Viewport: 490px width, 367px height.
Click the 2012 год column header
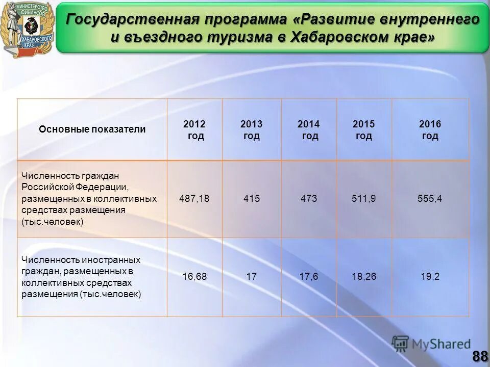[x=194, y=130]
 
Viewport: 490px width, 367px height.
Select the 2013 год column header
[x=251, y=130]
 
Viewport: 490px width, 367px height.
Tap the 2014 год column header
[x=309, y=130]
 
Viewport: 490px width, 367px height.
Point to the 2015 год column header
[x=364, y=130]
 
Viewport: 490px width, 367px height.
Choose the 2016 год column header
[x=430, y=130]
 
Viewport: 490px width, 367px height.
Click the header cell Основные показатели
[x=92, y=129]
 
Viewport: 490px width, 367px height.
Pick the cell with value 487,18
[x=194, y=199]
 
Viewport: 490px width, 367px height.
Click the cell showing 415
[x=251, y=199]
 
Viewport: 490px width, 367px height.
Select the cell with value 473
[x=309, y=199]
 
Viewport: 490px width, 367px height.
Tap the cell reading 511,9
[x=364, y=199]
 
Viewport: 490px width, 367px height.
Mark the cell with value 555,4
[x=430, y=199]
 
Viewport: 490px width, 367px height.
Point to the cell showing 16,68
[x=194, y=277]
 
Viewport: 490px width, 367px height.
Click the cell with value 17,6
[x=309, y=277]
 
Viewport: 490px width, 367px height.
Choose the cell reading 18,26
[x=364, y=277]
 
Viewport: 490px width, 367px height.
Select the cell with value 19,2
[x=430, y=277]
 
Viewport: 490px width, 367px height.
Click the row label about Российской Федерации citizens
[x=89, y=199]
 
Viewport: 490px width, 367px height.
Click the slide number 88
[x=480, y=356]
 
